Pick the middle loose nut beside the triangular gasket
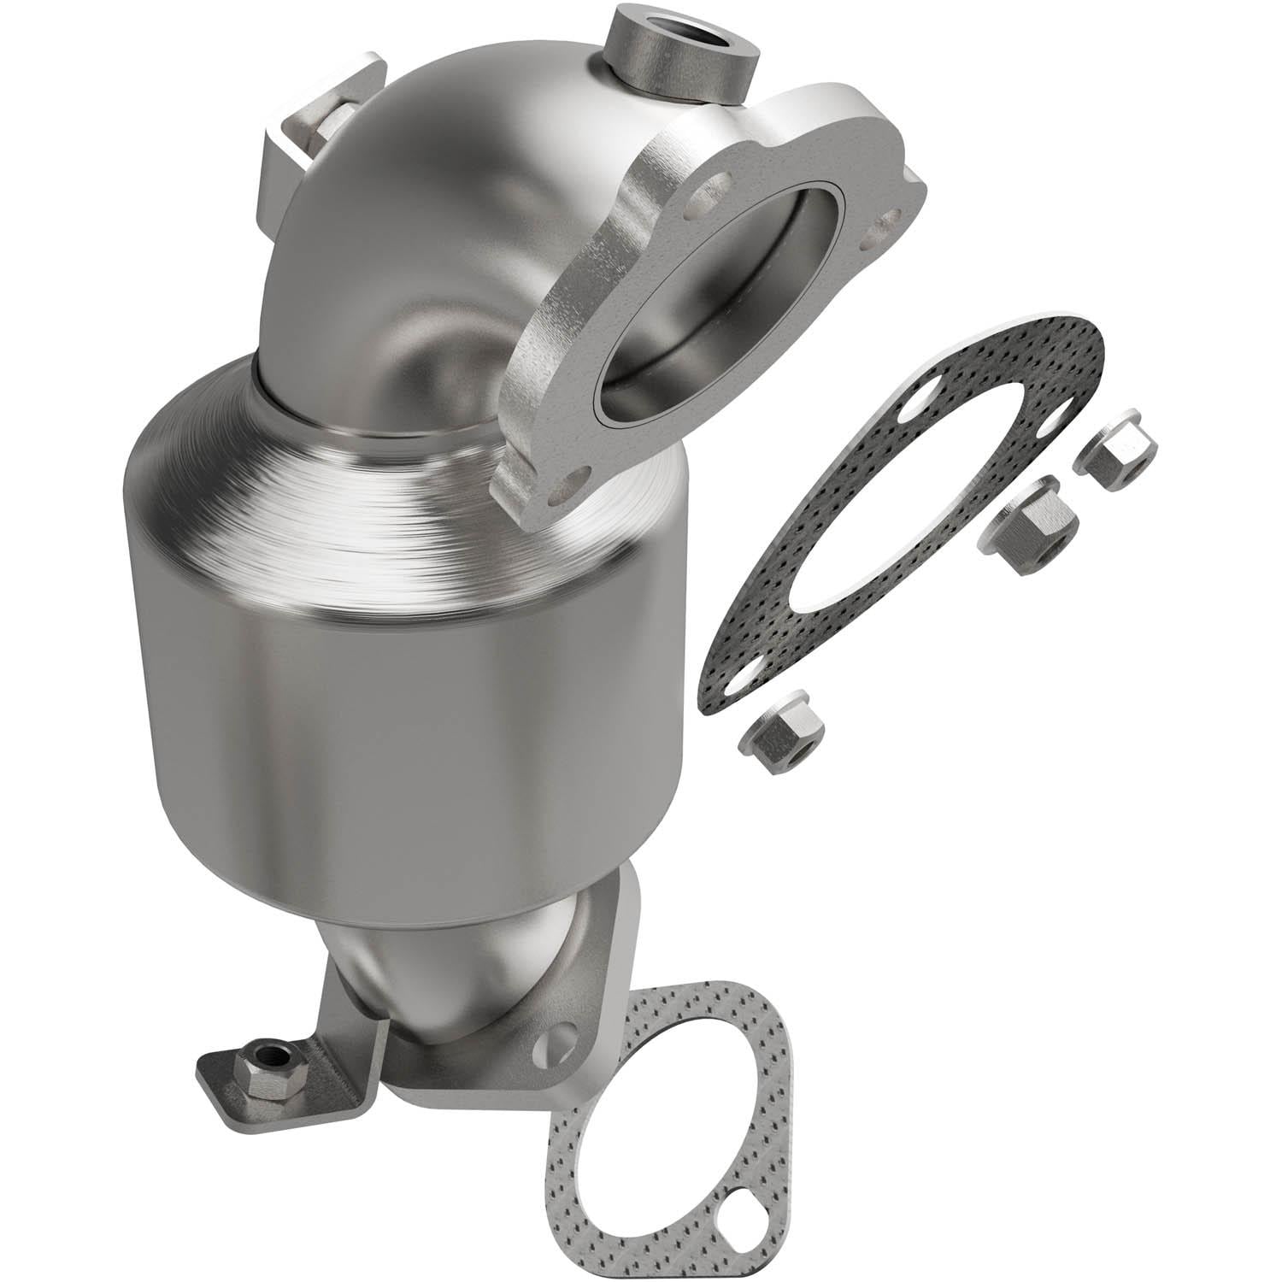1035,526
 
